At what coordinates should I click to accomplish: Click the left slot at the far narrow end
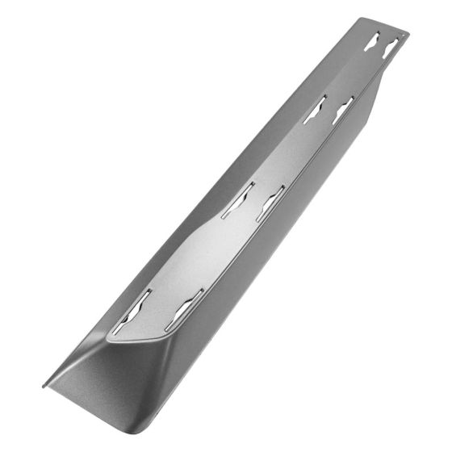[371, 42]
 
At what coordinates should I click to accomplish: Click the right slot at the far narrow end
[391, 48]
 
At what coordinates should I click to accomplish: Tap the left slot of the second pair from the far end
[315, 109]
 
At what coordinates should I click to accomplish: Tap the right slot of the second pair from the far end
[343, 111]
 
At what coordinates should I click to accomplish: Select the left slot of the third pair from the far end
[238, 199]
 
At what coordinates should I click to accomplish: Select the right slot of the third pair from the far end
[270, 203]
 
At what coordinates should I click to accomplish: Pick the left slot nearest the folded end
[131, 311]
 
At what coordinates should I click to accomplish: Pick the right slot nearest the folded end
[184, 307]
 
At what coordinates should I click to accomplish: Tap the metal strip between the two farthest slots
[381, 44]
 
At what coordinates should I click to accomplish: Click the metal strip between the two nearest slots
[157, 311]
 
